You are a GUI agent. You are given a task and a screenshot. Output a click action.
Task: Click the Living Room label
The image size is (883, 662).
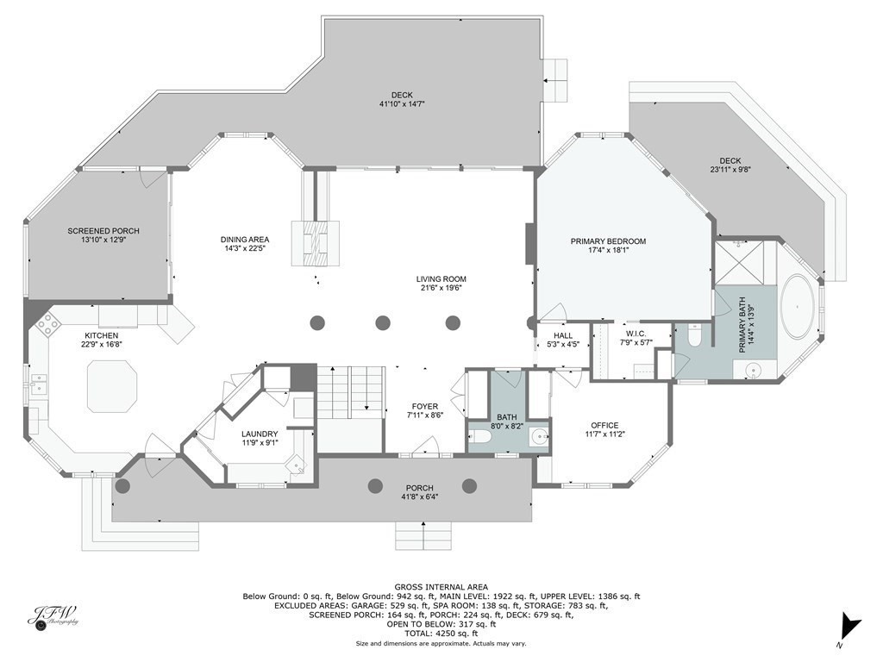(x=441, y=278)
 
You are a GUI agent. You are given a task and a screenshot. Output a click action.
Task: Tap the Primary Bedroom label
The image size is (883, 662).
(x=608, y=241)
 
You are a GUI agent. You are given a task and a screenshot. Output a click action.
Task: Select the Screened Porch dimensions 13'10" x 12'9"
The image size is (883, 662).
(x=103, y=240)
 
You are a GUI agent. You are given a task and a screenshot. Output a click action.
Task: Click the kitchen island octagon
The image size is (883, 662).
(x=112, y=387)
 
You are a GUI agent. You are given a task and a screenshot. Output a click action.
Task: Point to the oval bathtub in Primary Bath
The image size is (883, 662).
(x=798, y=307)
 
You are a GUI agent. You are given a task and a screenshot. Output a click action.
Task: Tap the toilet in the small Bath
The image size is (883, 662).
(x=480, y=436)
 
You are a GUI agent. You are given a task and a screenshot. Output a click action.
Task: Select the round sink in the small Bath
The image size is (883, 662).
(x=540, y=436)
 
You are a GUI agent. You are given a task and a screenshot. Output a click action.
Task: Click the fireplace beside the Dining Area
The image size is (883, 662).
(x=316, y=243)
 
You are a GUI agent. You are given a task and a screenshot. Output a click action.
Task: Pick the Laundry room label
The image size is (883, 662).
(x=260, y=434)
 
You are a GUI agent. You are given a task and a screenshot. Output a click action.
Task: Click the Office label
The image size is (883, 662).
(x=604, y=425)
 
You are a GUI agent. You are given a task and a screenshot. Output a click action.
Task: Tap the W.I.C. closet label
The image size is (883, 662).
(x=636, y=334)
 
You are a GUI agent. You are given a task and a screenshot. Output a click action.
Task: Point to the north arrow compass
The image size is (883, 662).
(x=849, y=628)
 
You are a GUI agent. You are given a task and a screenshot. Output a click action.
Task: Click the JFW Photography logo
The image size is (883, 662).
(x=53, y=617)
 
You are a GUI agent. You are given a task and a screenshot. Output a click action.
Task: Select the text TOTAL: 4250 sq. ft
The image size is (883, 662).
(x=441, y=634)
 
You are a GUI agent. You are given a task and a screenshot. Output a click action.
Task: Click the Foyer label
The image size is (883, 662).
(x=424, y=407)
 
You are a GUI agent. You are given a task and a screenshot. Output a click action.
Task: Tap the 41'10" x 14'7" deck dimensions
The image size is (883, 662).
(x=402, y=104)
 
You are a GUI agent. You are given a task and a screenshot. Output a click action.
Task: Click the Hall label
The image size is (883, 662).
(x=563, y=335)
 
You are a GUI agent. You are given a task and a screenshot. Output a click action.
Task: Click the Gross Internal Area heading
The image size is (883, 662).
(x=441, y=587)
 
